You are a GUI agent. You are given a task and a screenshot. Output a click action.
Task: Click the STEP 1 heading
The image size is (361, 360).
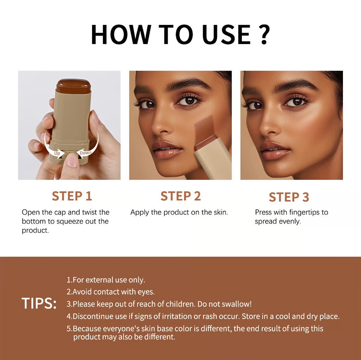(72, 196)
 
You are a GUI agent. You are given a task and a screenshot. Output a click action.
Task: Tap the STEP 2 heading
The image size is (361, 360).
(180, 196)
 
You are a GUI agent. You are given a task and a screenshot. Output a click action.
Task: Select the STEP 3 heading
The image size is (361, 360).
(289, 197)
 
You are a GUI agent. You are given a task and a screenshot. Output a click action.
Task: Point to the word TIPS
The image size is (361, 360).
(39, 304)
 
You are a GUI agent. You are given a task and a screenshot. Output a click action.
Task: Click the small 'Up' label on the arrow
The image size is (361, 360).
(57, 153)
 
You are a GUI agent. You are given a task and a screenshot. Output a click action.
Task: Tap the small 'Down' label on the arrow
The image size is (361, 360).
(86, 153)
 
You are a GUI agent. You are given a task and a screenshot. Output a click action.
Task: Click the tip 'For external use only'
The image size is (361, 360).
(106, 280)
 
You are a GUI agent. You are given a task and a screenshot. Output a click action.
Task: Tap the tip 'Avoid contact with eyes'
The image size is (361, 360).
(111, 292)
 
